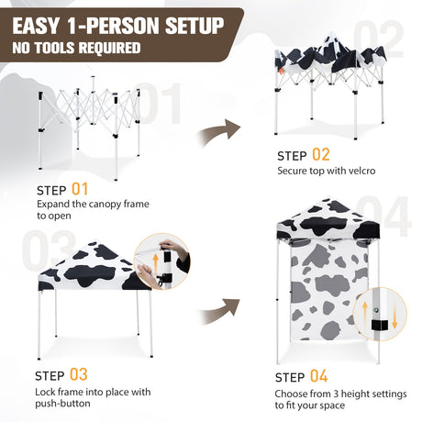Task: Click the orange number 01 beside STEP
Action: tap(80, 189)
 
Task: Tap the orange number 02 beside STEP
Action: tap(321, 154)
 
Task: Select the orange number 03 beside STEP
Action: tap(79, 374)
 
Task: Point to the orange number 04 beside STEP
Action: tap(319, 376)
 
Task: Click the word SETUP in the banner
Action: tap(194, 26)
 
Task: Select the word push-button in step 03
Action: tap(62, 404)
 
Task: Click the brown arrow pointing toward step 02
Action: tap(219, 132)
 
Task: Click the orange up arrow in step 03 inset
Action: tap(156, 261)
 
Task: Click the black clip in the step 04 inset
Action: tap(380, 325)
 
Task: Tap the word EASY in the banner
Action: tap(36, 26)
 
